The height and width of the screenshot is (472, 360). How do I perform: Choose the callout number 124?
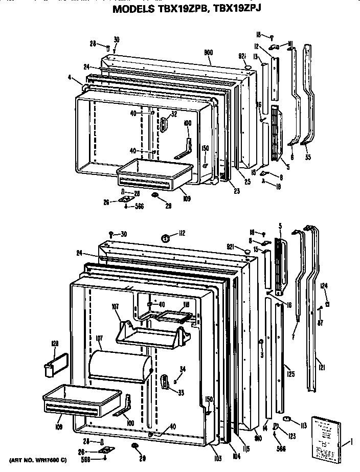click(324, 286)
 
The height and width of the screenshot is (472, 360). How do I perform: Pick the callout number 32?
click(174, 114)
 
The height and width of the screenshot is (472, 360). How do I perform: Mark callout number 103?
click(218, 459)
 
